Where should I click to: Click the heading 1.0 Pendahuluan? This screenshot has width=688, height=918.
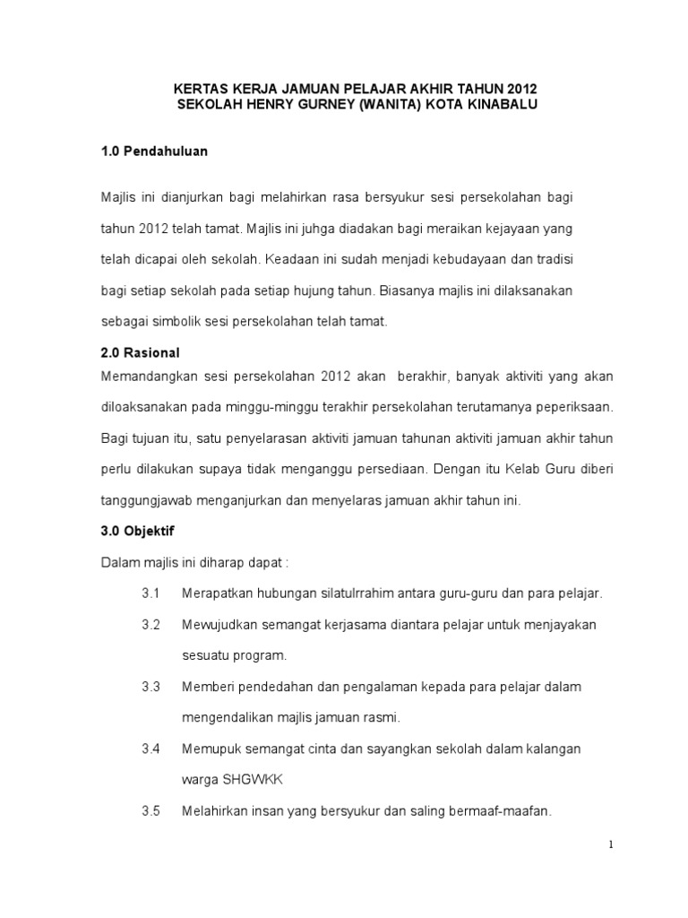click(x=154, y=152)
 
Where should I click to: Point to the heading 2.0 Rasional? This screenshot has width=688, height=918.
click(x=142, y=353)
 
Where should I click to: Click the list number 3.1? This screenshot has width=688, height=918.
click(x=150, y=593)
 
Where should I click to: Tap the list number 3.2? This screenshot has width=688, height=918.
click(x=150, y=624)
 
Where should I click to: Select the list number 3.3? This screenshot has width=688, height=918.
click(x=150, y=687)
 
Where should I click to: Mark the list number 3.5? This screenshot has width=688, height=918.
click(x=150, y=811)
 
